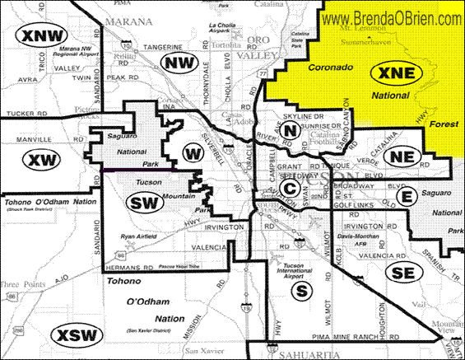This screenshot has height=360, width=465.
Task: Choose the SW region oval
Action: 146,203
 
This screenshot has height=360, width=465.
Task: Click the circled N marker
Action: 290,130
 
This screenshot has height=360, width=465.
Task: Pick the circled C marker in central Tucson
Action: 288,189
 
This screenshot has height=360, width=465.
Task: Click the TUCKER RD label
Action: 26,114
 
